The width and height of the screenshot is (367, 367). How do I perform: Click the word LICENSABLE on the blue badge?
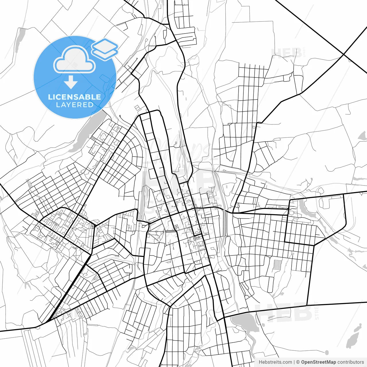75,97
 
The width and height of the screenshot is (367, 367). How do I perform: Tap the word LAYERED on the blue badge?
75,105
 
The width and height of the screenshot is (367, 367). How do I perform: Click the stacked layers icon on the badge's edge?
105,49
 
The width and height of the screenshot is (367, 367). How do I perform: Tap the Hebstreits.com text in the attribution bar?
275,362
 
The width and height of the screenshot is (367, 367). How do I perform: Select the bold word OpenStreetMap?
318,362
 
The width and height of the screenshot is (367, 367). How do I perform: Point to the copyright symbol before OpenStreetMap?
298,362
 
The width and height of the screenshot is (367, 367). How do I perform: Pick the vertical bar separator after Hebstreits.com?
294,362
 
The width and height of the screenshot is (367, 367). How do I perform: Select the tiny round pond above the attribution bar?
327,352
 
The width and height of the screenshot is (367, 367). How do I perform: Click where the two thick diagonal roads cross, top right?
343,54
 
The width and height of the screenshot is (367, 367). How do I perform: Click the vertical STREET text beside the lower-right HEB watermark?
317,311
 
